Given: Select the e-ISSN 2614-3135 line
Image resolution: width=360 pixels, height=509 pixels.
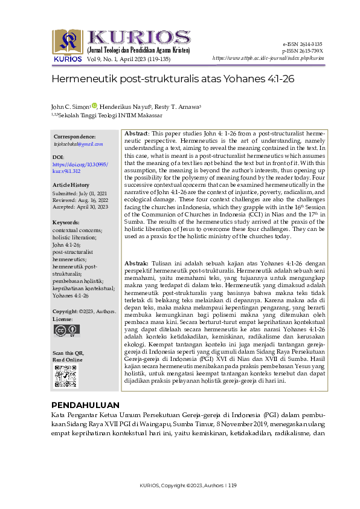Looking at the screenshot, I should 302,44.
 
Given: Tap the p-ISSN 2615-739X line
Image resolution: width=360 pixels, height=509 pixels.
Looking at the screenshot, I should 302,51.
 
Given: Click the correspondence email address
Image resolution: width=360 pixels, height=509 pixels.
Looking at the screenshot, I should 79,144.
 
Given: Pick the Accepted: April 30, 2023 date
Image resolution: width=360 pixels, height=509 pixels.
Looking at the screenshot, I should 80,207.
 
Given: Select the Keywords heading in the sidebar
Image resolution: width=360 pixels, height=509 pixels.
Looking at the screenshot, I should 66,223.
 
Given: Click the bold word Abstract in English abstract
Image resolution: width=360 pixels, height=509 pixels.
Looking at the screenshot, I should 137,132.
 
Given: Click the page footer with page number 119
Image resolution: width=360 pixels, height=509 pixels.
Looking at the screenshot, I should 184,485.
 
